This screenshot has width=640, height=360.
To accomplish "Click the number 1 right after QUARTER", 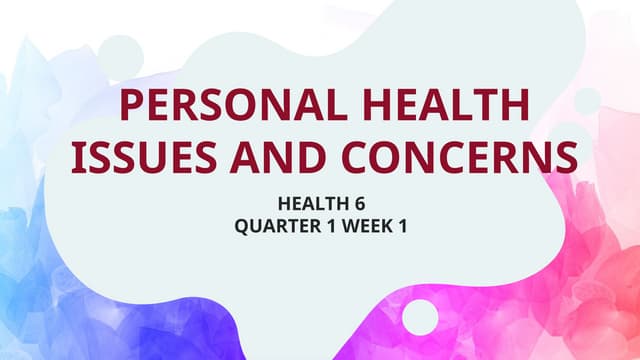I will (327, 227).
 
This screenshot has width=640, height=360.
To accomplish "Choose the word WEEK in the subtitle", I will (366, 227).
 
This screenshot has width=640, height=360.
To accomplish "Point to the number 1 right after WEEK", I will (402, 227).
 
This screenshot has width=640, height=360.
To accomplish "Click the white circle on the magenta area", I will (420, 317).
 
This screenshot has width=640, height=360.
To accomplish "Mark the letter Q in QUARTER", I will (241, 227).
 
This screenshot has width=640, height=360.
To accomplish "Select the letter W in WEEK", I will (349, 227).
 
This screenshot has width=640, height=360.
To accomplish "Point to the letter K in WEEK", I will (387, 227).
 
